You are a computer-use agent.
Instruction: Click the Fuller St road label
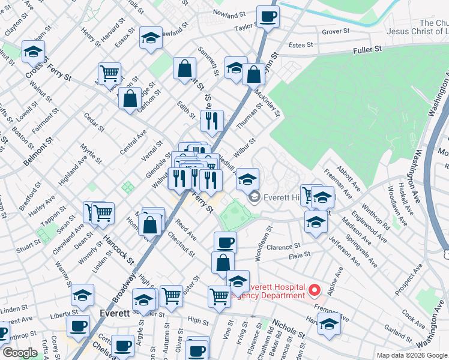pyautogui.click(x=367, y=52)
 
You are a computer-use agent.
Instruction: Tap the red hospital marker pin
pyautogui.click(x=313, y=291)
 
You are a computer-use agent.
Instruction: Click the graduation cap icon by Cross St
pyautogui.click(x=34, y=52)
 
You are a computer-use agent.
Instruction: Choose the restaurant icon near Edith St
pyautogui.click(x=211, y=121)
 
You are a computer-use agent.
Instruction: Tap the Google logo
pyautogui.click(x=20, y=353)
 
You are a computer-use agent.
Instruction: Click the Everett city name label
pyautogui.click(x=115, y=314)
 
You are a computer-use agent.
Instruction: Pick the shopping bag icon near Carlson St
pyautogui.click(x=130, y=99)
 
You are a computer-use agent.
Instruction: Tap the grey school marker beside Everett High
pyautogui.click(x=254, y=197)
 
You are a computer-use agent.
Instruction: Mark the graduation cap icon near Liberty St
pyautogui.click(x=82, y=295)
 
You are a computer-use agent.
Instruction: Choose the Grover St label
pyautogui.click(x=336, y=31)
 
